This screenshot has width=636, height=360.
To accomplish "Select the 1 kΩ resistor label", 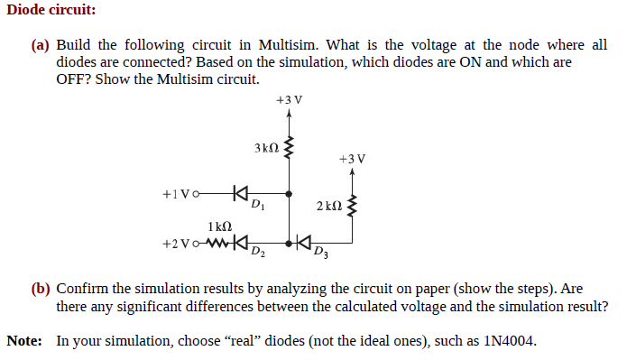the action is point(219,226).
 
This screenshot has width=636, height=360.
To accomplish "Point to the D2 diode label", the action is point(257,251).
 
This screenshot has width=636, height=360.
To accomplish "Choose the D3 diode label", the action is point(321,251).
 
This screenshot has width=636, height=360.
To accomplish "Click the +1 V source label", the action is point(177,193).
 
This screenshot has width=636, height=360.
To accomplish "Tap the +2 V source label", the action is point(177,244).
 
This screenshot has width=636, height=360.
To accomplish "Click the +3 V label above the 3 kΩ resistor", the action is point(290,98).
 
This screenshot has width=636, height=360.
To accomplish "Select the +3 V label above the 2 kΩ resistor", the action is point(352,158).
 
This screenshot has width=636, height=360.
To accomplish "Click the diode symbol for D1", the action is point(239,192).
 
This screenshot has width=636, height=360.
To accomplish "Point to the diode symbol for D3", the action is point(302,243).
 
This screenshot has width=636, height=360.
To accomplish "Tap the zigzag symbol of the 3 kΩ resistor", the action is point(289,148).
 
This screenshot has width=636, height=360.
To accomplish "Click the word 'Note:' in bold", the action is point(24,341).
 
